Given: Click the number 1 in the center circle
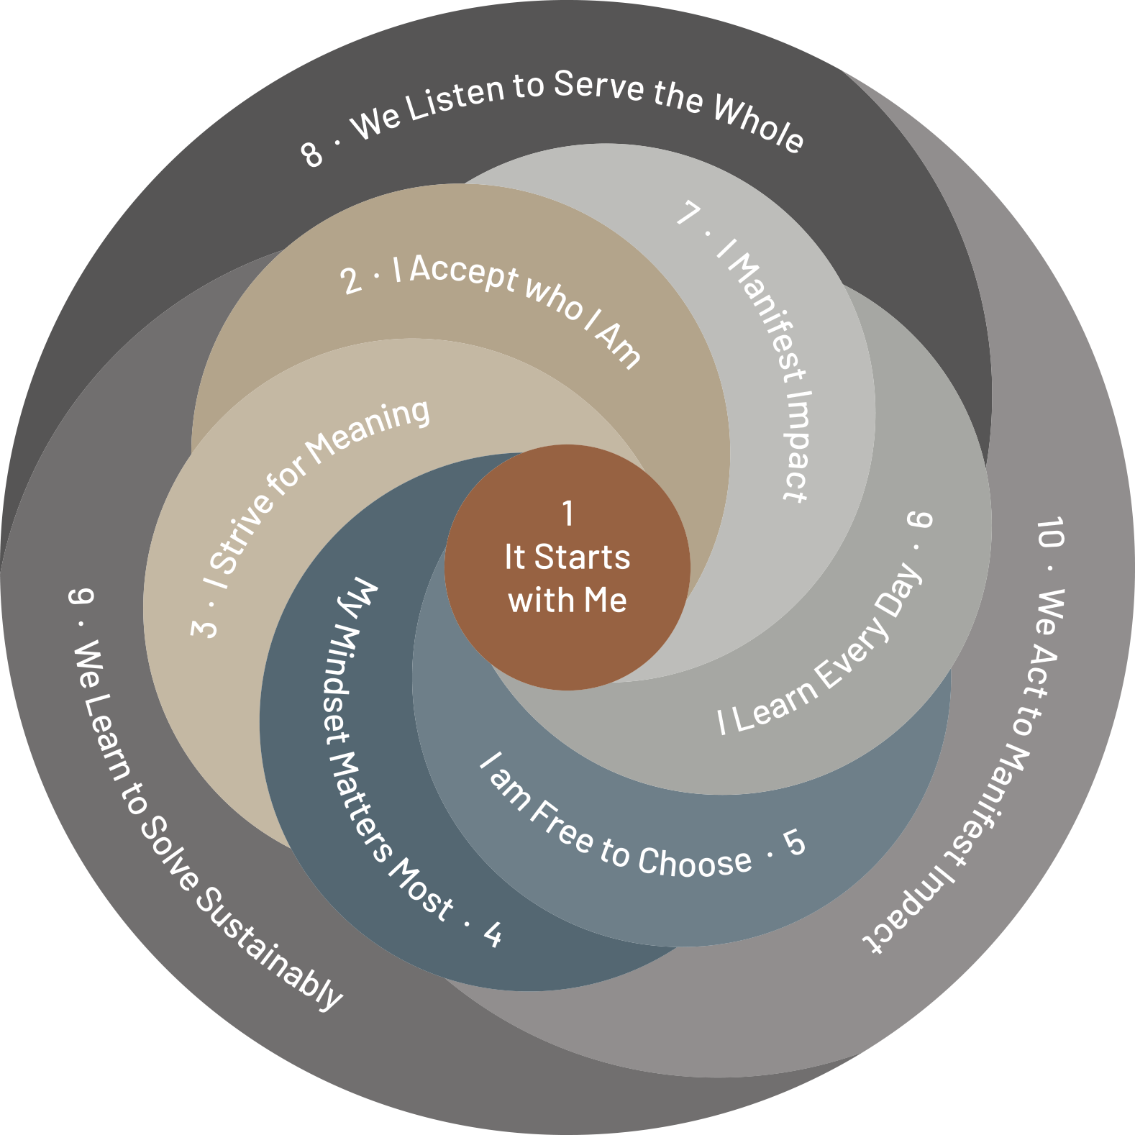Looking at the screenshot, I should [568, 514].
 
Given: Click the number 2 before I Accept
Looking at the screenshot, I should [351, 281].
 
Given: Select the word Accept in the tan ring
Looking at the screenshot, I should [464, 273].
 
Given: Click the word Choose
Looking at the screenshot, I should [695, 860].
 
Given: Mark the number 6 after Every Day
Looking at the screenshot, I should [920, 519].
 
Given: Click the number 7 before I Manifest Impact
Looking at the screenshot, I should [689, 213].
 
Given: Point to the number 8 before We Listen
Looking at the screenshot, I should [312, 154].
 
